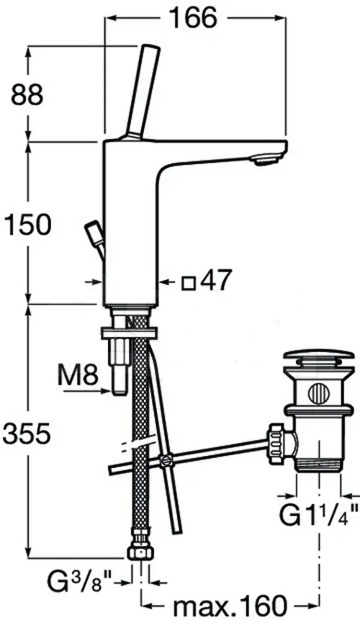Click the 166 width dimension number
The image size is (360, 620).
(193, 17)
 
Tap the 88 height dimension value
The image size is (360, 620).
(27, 95)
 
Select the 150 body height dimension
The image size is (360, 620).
(27, 224)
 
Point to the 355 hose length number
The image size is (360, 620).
(27, 433)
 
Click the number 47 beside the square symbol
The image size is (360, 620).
(215, 280)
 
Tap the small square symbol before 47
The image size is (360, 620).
(189, 284)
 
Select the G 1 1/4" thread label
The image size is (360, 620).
(319, 515)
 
